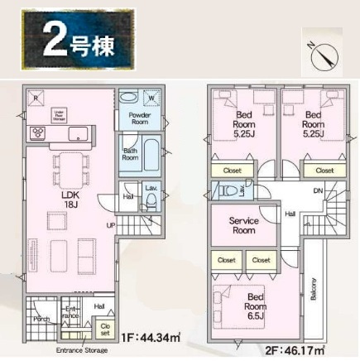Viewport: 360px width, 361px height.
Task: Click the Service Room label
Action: pos(244,226)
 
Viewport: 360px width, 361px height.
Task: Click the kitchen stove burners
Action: pos(38,132)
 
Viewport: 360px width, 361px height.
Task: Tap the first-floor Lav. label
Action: pos(151,190)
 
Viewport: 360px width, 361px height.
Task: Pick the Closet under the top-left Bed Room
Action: pos(232,170)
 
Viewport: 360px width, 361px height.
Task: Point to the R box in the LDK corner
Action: pos(34,96)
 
